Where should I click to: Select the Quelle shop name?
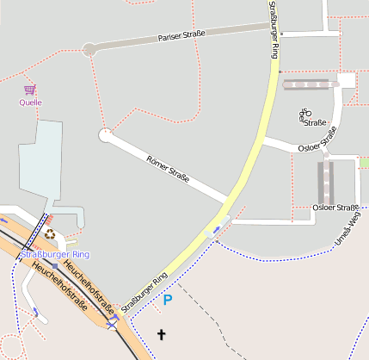pyautogui.click(x=31, y=102)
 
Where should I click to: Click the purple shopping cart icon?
pyautogui.click(x=31, y=90)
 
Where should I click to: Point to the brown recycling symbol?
pyautogui.click(x=50, y=233)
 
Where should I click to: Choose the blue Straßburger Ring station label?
pyautogui.click(x=55, y=255)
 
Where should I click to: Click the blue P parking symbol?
pyautogui.click(x=168, y=300)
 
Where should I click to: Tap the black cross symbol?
pyautogui.click(x=161, y=333)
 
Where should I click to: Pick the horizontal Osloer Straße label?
pyautogui.click(x=335, y=208)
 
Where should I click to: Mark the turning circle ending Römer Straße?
pyautogui.click(x=106, y=135)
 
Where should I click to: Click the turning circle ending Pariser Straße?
pyautogui.click(x=89, y=50)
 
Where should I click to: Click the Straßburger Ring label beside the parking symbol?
pyautogui.click(x=145, y=293)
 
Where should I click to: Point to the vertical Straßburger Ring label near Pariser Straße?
pyautogui.click(x=274, y=29)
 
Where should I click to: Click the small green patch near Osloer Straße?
pyautogui.click(x=363, y=163)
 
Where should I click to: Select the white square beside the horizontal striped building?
pyautogui.click(x=347, y=80)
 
